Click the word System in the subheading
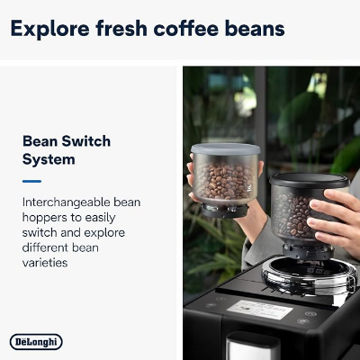tap(49, 159)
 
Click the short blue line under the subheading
tap(31, 180)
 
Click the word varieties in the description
tap(46, 264)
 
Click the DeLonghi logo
tap(36, 341)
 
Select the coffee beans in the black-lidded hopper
tap(298, 216)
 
